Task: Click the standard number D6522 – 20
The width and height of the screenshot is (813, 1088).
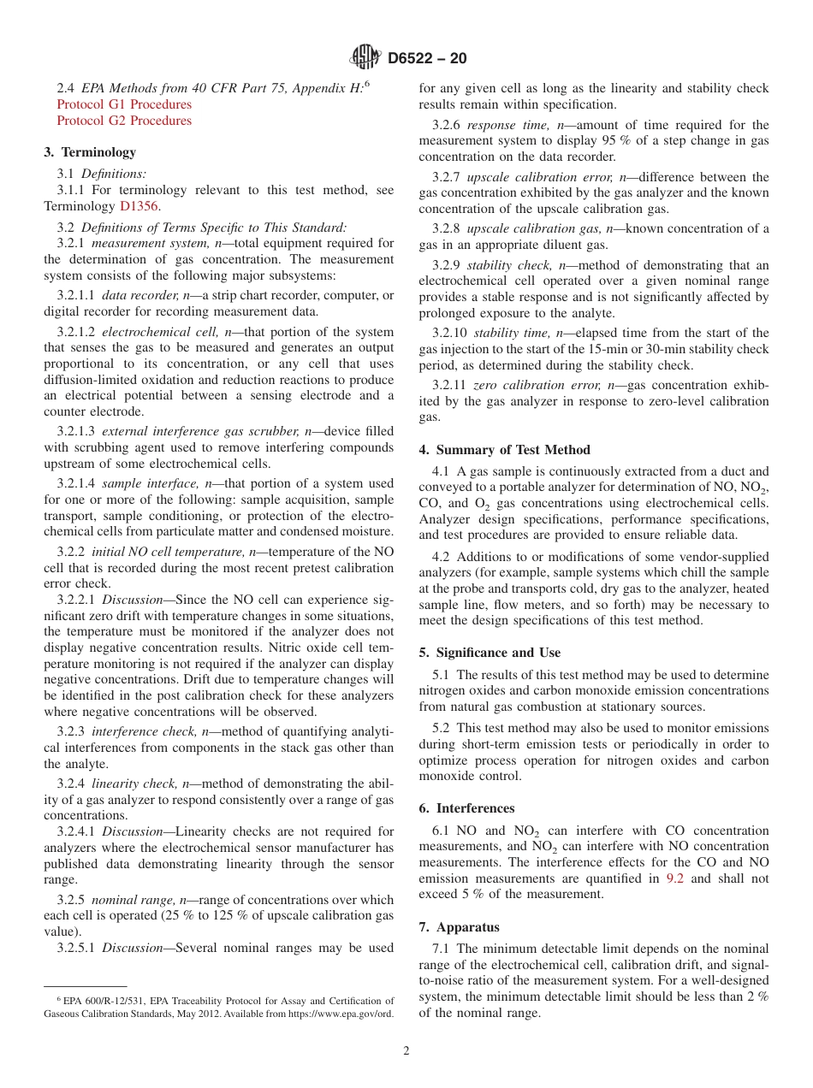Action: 427,59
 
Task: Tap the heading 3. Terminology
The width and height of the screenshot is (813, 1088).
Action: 90,152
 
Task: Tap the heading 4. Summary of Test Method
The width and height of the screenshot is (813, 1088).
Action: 505,450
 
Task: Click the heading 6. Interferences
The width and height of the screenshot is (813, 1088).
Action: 466,808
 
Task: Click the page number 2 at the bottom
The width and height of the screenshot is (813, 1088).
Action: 406,1051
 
